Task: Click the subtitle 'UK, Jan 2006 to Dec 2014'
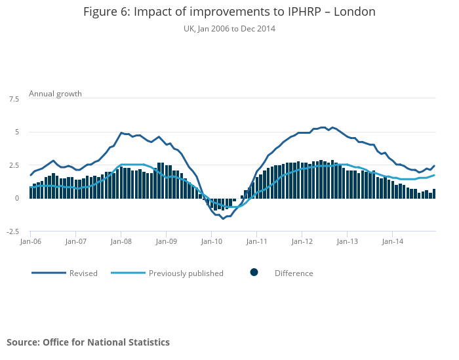(x=229, y=29)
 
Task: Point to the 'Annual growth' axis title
(x=55, y=94)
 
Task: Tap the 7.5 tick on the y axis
(x=14, y=99)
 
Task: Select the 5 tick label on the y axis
(x=16, y=132)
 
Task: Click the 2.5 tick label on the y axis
(x=14, y=165)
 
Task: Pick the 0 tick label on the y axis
(x=16, y=199)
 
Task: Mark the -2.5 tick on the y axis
(x=12, y=231)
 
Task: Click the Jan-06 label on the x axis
(x=30, y=241)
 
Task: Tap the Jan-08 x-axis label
(x=121, y=241)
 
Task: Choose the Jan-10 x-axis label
(x=211, y=241)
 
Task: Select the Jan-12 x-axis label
(x=302, y=241)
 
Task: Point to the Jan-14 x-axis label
(x=392, y=241)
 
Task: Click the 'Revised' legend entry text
(x=83, y=273)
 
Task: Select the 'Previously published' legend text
(x=186, y=273)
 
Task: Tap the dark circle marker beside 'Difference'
(x=254, y=273)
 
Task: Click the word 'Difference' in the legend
(x=294, y=273)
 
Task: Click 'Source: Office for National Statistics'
(x=88, y=342)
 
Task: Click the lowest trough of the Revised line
(x=223, y=218)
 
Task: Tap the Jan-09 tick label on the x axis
(x=166, y=241)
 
